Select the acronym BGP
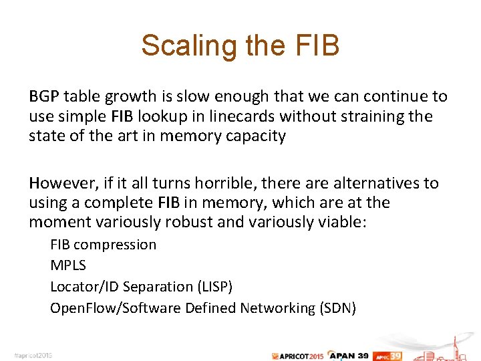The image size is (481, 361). [43, 96]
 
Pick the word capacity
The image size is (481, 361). [256, 136]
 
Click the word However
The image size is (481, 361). [60, 183]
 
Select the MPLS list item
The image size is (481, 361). [68, 265]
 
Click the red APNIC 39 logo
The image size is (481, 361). [387, 355]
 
